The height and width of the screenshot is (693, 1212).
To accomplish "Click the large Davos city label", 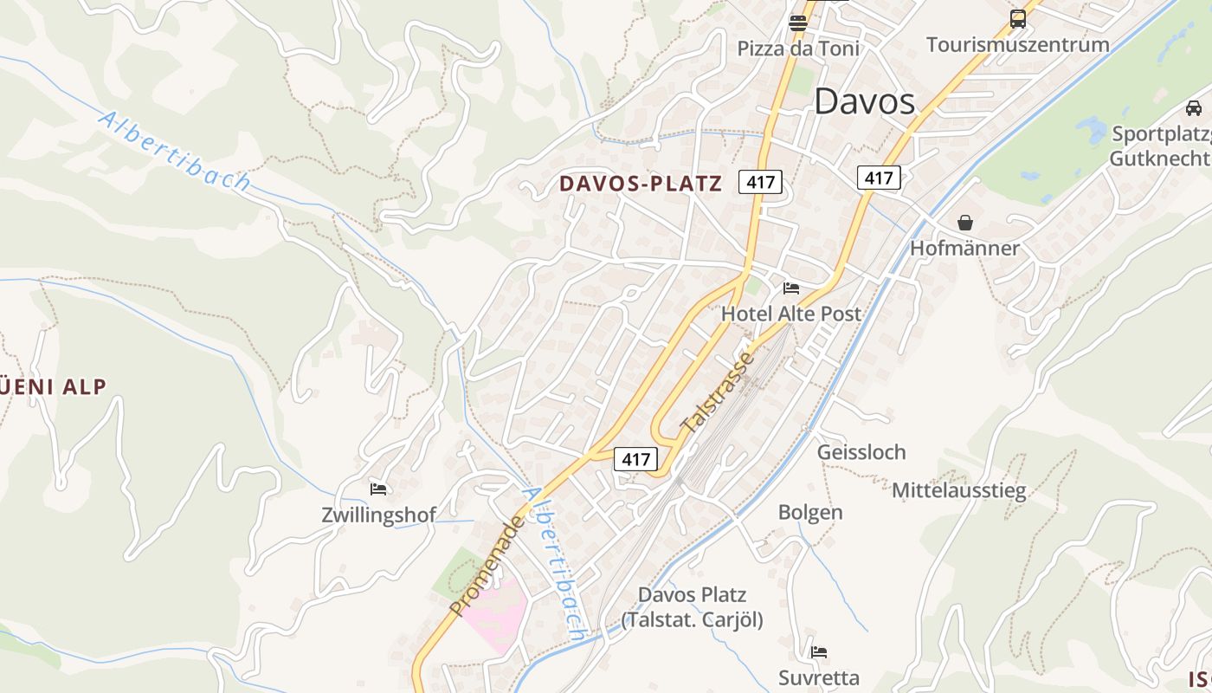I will (864, 101).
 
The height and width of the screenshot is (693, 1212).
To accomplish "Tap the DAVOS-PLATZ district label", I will (640, 184).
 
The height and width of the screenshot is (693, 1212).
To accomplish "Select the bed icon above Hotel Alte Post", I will (791, 288).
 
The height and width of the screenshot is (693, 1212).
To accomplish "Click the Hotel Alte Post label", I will (791, 314).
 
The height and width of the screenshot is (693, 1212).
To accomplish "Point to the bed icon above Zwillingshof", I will (378, 489).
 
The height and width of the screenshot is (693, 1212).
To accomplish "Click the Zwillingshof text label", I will (378, 515).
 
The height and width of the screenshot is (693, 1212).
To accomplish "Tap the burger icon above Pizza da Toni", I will (798, 23).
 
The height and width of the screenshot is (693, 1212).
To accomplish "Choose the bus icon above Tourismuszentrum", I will (1018, 18).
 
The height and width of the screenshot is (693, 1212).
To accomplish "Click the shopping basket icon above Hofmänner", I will (965, 223).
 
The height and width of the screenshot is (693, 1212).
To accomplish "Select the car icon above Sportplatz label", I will (1194, 108).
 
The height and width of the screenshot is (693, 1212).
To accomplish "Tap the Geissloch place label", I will (861, 452).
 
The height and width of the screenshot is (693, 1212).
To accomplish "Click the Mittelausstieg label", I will (959, 490).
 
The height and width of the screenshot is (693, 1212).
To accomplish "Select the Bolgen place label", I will (810, 512).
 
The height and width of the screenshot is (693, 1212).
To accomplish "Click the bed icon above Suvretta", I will (819, 651).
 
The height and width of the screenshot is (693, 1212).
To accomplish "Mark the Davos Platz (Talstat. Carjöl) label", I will (692, 607).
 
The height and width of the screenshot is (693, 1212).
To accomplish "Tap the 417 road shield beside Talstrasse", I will (635, 459).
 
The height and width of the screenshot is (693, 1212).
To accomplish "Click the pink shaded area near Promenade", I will (495, 613).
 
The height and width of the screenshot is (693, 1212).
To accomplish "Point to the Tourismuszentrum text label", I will (1017, 44).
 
